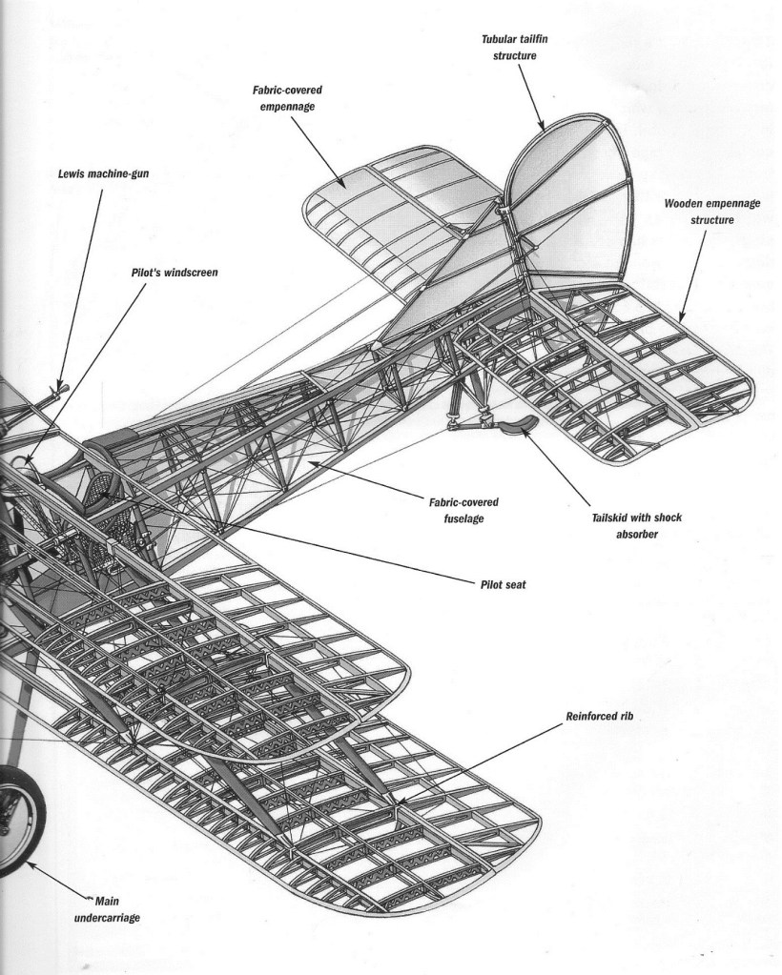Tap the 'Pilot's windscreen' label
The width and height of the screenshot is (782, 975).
coord(175,272)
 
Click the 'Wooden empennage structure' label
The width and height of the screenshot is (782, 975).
coord(700,213)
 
